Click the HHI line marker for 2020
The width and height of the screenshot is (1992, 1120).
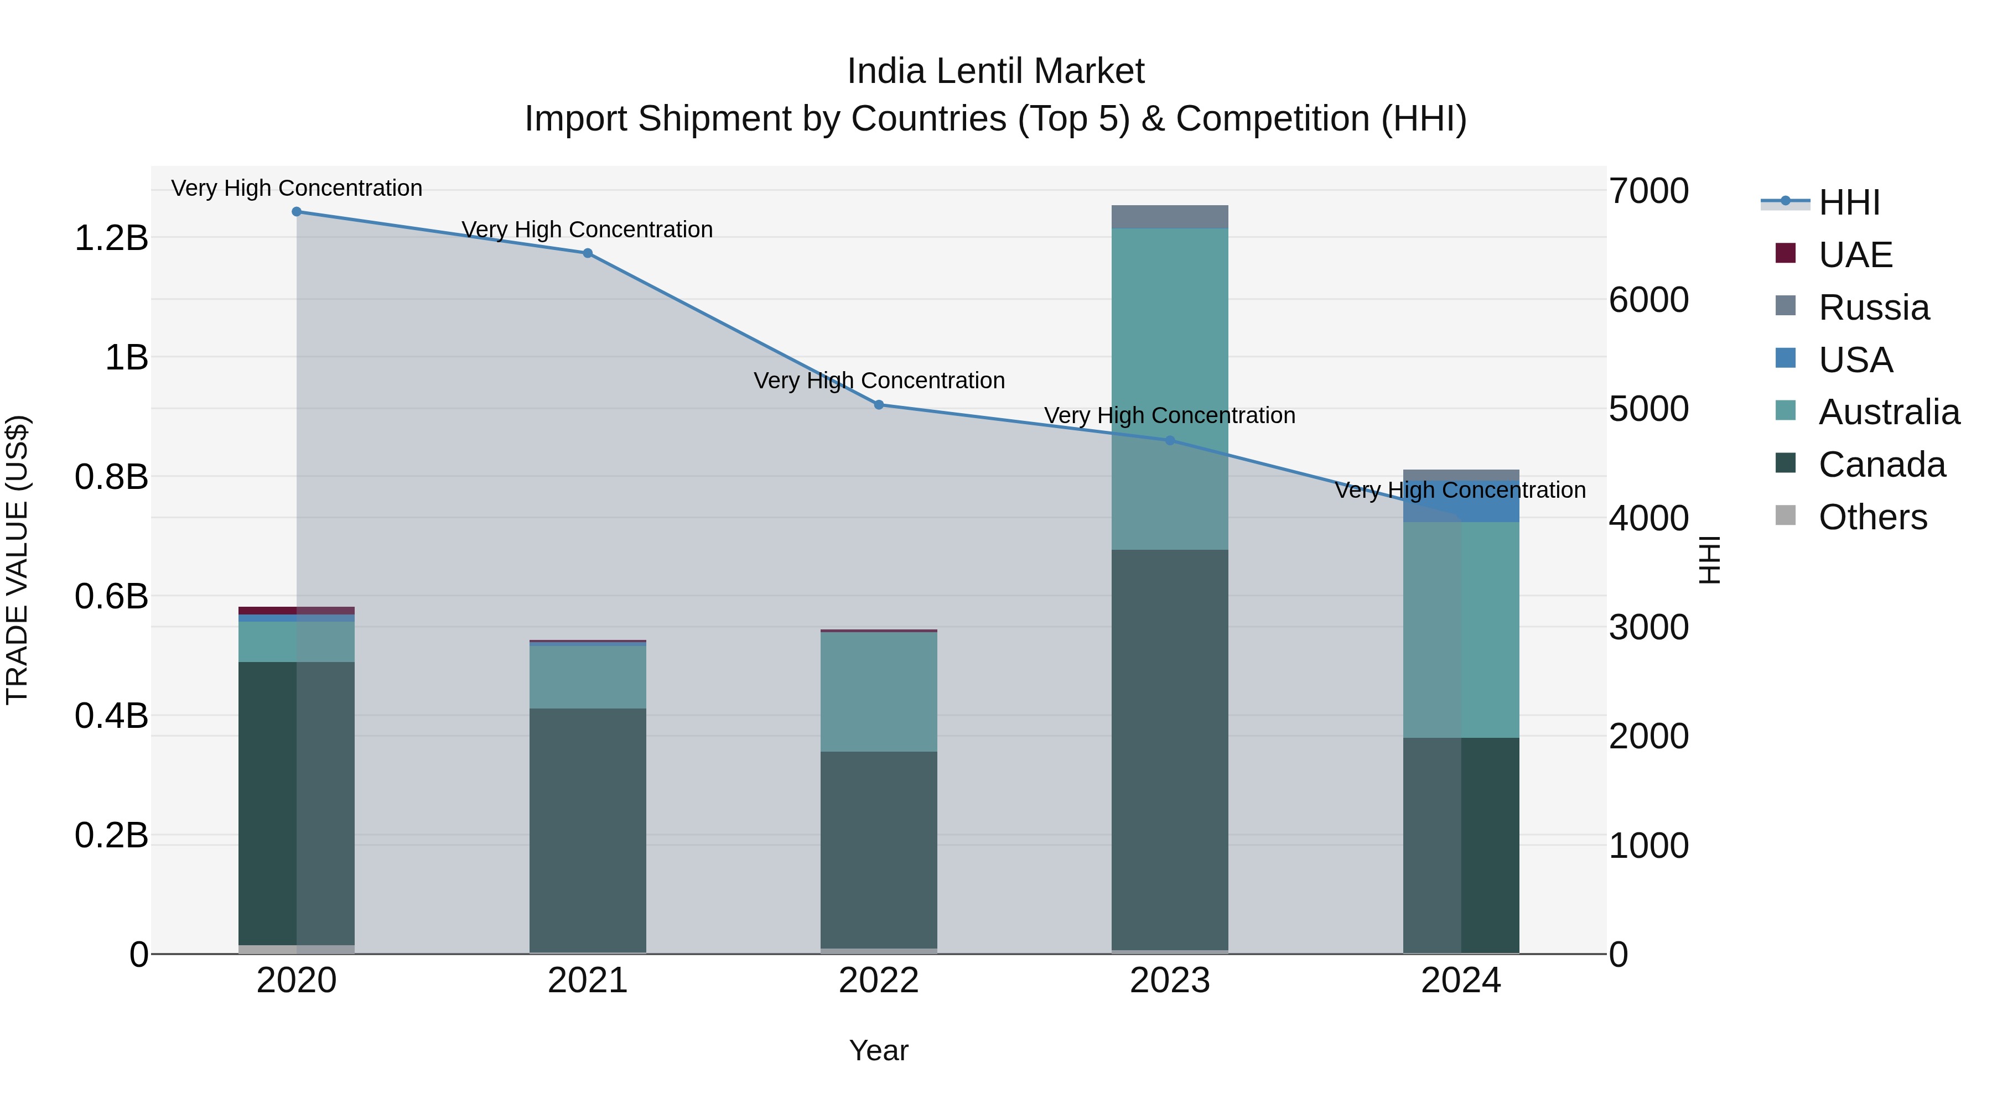click(x=297, y=212)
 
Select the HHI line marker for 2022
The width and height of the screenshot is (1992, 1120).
click(x=879, y=405)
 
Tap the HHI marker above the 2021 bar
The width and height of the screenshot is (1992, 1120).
click(x=588, y=253)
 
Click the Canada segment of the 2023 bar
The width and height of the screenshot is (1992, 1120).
click(x=1169, y=750)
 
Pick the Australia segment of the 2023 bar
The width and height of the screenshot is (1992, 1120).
click(x=1169, y=387)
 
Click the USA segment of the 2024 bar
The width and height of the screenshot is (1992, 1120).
click(x=1461, y=502)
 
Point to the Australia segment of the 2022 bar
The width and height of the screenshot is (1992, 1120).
click(x=879, y=692)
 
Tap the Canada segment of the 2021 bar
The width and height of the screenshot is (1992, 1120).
click(x=588, y=831)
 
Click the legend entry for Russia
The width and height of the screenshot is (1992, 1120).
click(x=1873, y=308)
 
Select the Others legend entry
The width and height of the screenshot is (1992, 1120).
click(x=1871, y=517)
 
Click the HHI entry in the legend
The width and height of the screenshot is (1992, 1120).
click(x=1848, y=202)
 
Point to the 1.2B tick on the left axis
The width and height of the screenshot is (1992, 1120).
click(x=111, y=238)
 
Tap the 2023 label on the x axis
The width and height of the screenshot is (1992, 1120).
click(x=1169, y=981)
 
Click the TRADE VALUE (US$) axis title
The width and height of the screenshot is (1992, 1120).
click(x=17, y=560)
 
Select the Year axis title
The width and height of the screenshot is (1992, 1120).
click(x=879, y=1050)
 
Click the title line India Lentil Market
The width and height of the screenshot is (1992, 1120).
click(x=995, y=71)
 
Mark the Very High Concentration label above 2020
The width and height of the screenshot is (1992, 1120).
click(x=297, y=188)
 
